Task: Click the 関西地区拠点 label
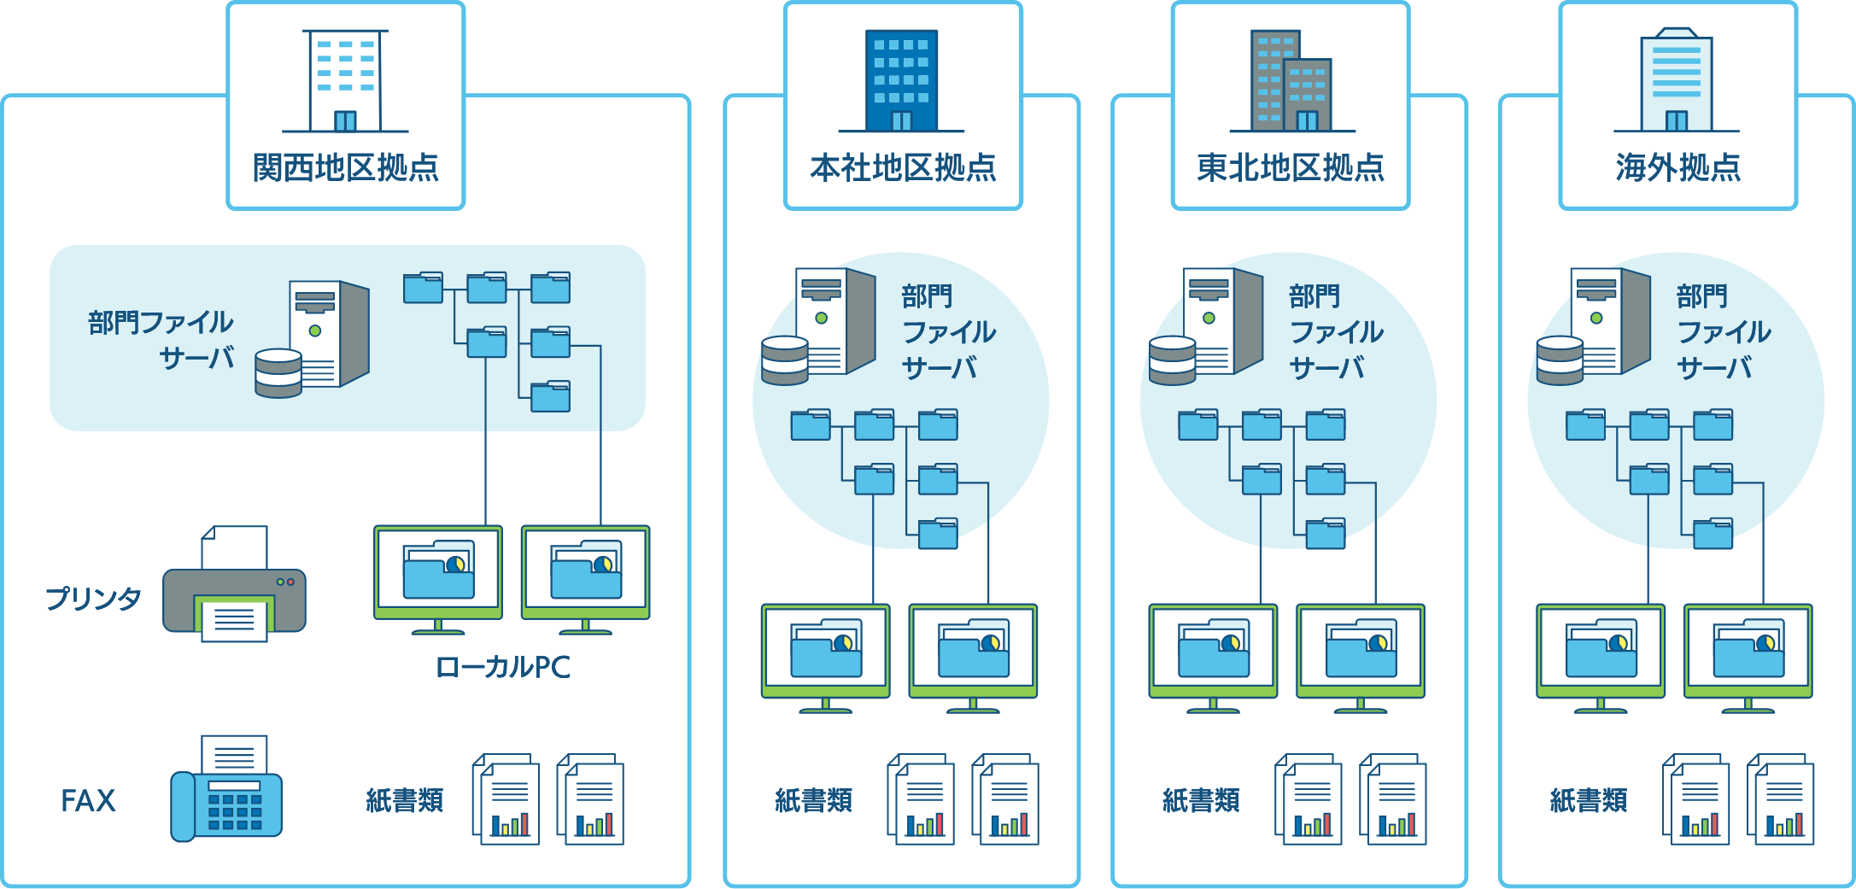coord(346,167)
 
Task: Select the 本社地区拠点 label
coord(904,167)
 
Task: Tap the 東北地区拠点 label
coord(1291,167)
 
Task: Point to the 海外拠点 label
coord(1678,167)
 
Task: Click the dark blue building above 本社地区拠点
coord(901,81)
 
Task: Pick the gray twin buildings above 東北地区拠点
coord(1291,81)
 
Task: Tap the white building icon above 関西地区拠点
coord(345,82)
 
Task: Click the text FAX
coord(88,801)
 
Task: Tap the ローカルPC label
coord(502,667)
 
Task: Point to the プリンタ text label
coord(93,599)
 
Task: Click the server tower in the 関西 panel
coord(330,333)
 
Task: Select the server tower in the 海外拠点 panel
coord(1610,320)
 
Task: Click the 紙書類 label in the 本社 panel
coord(814,800)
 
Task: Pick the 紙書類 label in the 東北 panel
coord(1201,800)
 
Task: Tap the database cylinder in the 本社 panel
coord(785,360)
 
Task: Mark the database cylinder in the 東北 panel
coord(1172,360)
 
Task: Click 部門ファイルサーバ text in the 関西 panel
coord(161,340)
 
